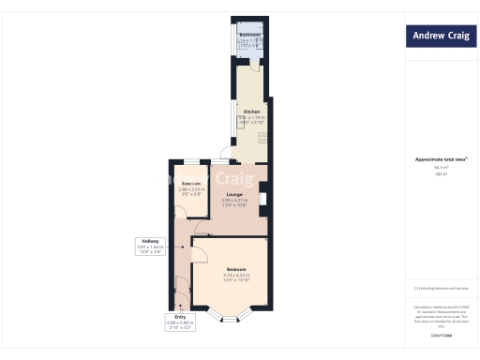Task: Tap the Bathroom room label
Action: click(x=247, y=38)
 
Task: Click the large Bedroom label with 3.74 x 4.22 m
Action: click(x=235, y=273)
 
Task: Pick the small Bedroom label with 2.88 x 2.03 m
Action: click(x=190, y=187)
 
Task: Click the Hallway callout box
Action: click(x=149, y=246)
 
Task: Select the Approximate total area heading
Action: click(x=441, y=159)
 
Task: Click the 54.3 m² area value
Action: click(x=441, y=167)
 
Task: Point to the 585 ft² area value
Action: click(x=441, y=173)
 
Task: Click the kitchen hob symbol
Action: click(x=262, y=137)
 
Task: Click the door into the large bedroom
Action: click(x=200, y=248)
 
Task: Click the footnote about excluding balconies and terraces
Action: click(x=439, y=288)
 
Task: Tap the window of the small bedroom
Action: click(x=190, y=162)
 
